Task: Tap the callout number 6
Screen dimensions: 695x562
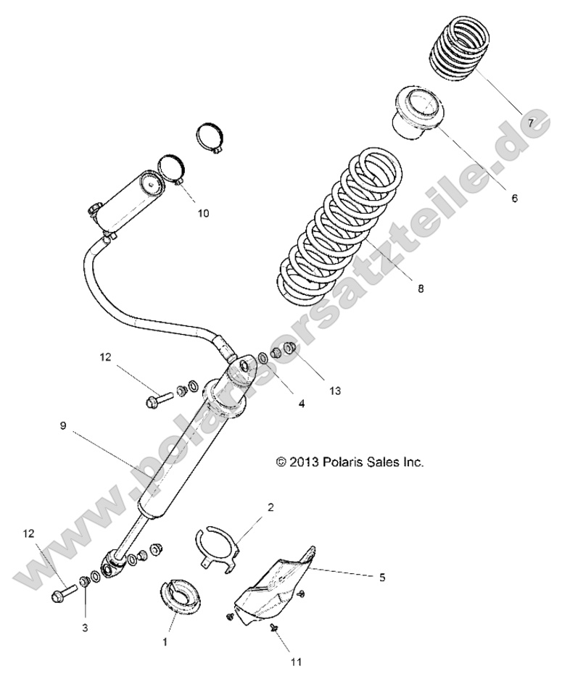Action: [514, 197]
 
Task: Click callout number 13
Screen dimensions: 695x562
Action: [334, 391]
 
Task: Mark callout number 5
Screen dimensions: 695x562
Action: [381, 577]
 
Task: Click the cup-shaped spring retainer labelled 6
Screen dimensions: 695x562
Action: [419, 111]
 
